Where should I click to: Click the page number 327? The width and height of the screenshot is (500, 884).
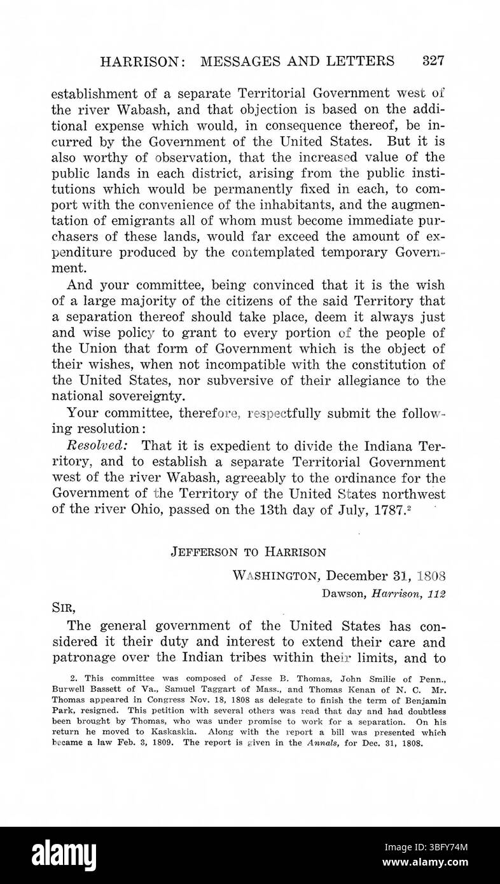(432, 61)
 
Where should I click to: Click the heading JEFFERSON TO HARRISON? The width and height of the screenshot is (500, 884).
(248, 552)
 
